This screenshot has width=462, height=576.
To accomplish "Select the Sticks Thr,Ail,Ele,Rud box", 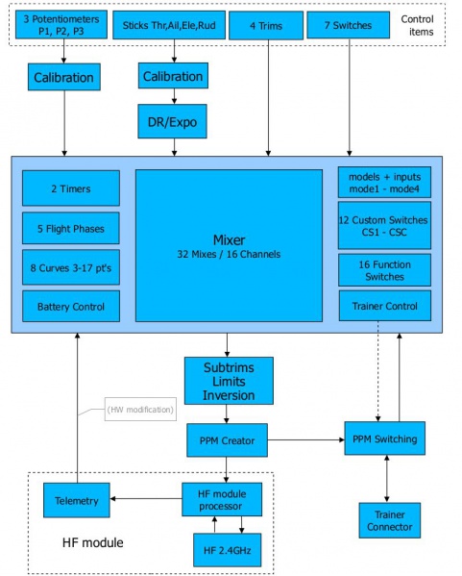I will pyautogui.click(x=166, y=26).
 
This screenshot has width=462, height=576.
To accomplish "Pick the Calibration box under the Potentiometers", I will pyautogui.click(x=64, y=78).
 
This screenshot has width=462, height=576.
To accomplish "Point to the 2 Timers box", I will pyautogui.click(x=71, y=188).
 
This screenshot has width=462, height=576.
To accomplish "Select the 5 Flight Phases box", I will pyautogui.click(x=71, y=229).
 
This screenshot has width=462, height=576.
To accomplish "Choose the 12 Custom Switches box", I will pyautogui.click(x=384, y=225).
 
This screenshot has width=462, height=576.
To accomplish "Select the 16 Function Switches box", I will pyautogui.click(x=384, y=269).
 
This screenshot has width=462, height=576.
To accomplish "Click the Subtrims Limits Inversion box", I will pyautogui.click(x=229, y=380).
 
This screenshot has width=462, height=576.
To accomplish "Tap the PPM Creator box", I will pyautogui.click(x=227, y=439).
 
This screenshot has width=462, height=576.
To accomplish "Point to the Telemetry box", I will pyautogui.click(x=77, y=499).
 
